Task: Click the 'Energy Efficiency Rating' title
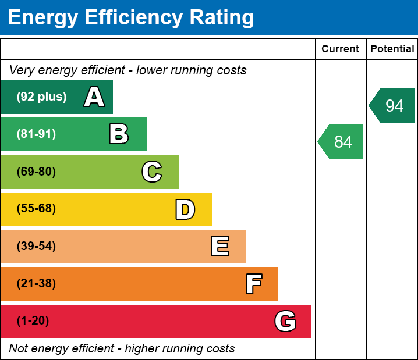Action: click(x=131, y=18)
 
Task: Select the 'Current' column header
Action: click(x=341, y=49)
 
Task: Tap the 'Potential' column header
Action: click(x=392, y=49)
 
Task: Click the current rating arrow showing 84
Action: click(x=342, y=141)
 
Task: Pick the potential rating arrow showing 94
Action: click(x=393, y=106)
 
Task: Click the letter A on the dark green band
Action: click(x=94, y=97)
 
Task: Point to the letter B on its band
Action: click(x=119, y=134)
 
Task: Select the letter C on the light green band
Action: click(x=152, y=172)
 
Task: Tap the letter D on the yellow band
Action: click(x=185, y=209)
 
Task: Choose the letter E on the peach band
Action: click(x=219, y=247)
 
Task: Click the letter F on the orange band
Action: click(x=253, y=284)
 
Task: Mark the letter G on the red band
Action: click(x=285, y=321)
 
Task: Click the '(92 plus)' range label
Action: click(x=41, y=97)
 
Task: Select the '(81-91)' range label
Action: click(x=36, y=134)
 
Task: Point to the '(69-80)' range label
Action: click(x=36, y=172)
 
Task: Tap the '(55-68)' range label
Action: click(x=36, y=209)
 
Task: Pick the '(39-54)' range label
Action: click(x=36, y=246)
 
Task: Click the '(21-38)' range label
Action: click(x=36, y=284)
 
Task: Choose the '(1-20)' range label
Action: click(x=33, y=321)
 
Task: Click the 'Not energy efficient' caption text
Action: click(x=122, y=348)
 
